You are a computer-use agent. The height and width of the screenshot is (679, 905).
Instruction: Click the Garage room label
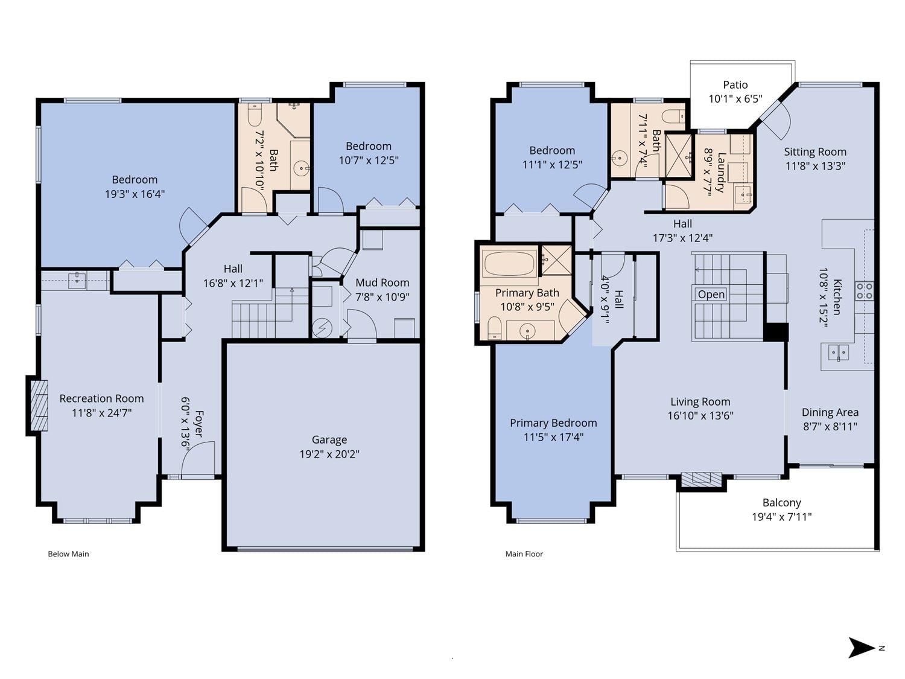(329, 439)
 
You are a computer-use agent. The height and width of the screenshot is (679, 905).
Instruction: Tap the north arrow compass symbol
(861, 648)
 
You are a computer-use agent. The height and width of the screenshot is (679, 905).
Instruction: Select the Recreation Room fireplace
(39, 406)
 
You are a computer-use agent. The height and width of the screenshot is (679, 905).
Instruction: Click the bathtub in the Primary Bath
(509, 264)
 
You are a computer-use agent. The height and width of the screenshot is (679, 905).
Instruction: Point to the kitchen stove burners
(864, 290)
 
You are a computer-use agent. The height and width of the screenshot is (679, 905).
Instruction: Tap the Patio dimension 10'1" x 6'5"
(735, 99)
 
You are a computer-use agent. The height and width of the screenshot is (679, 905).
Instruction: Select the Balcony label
(782, 503)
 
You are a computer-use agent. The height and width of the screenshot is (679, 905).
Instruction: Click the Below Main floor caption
(68, 553)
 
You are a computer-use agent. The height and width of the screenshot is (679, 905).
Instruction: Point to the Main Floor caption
(524, 553)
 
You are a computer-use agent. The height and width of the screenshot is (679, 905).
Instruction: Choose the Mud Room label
(382, 282)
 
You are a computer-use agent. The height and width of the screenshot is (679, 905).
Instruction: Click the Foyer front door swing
(198, 458)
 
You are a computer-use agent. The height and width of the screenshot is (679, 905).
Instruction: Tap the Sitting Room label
(815, 151)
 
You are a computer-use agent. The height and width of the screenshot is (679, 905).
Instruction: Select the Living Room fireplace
(701, 479)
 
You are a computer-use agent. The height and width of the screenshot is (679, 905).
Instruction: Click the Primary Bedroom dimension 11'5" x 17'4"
(553, 437)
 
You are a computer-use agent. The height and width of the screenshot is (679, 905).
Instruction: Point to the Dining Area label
(830, 412)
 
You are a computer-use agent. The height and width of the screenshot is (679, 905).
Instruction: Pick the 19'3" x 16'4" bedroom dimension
(135, 194)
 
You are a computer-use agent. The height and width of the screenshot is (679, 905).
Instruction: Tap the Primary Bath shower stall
(556, 260)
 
